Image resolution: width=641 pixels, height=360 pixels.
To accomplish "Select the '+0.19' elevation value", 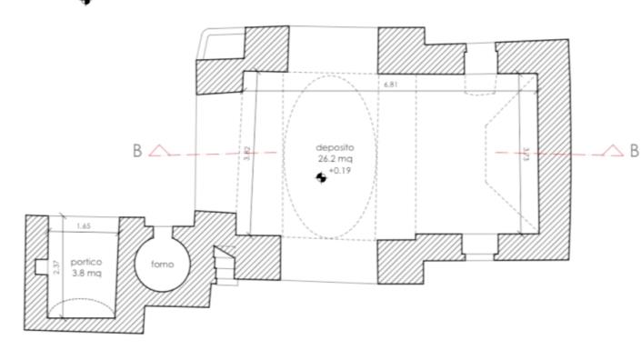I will pyautogui.click(x=339, y=170).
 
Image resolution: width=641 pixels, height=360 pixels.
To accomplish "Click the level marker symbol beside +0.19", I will pyautogui.click(x=320, y=177).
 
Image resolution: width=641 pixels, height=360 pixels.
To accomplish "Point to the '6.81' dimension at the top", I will pyautogui.click(x=390, y=85).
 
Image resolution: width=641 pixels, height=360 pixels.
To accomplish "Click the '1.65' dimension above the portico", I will pyautogui.click(x=83, y=225).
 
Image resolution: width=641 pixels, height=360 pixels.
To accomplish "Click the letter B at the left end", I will pyautogui.click(x=138, y=151).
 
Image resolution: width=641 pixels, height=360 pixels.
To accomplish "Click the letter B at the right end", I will pyautogui.click(x=634, y=150).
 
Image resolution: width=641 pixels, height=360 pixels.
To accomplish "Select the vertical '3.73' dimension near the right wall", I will pyautogui.click(x=526, y=155).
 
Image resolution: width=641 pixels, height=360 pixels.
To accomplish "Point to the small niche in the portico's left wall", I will pyautogui.click(x=36, y=266).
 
